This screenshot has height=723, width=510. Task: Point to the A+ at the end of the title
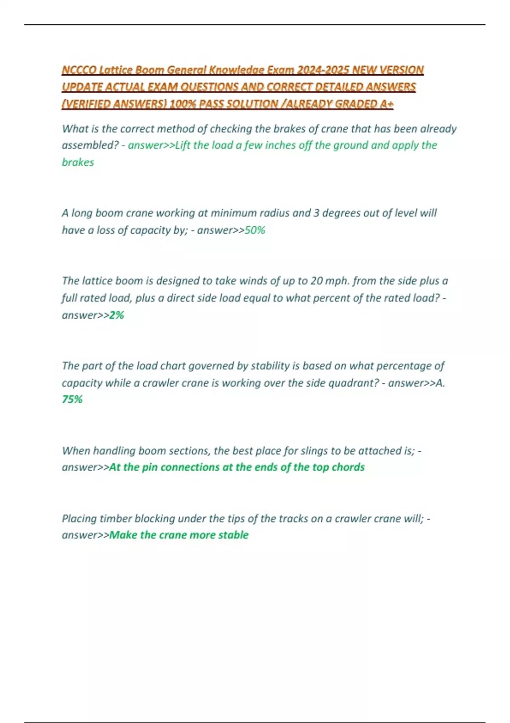(x=387, y=104)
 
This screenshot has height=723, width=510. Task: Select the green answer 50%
(x=255, y=230)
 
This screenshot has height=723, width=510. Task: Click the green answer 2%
(x=116, y=315)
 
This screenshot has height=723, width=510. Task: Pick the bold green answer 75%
(x=72, y=399)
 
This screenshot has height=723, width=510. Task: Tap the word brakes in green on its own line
(x=78, y=162)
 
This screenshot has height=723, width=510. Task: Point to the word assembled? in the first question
(x=90, y=145)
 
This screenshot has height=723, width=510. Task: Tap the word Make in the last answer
(x=123, y=535)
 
